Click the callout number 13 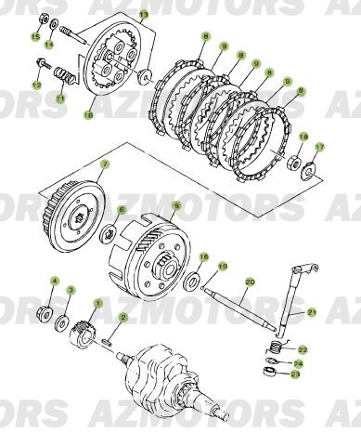(143, 15)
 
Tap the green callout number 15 (36, 36)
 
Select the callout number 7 (105, 164)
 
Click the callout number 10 (89, 116)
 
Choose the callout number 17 (319, 146)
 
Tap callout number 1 (98, 303)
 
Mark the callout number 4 (54, 280)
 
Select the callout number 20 (249, 282)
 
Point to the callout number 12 (37, 85)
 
